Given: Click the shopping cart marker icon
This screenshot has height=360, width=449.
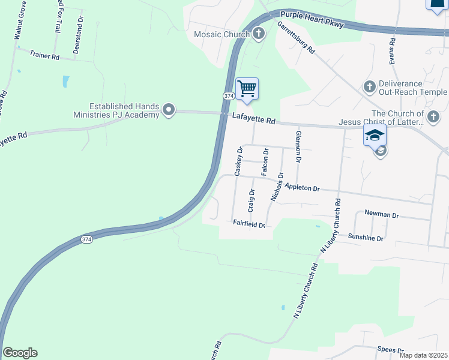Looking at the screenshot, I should pos(247,89).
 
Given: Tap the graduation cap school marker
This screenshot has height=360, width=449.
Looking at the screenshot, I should pos(374,135).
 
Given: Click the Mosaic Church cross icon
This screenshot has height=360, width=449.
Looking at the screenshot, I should pos(259,34).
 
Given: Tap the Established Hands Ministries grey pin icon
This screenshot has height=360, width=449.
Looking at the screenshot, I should pos(169,110).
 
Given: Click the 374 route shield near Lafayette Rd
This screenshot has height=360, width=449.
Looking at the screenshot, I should pos(228,96).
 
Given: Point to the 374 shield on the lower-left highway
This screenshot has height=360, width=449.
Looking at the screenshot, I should pos(87,239).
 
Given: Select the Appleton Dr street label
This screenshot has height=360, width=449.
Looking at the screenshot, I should pos(303,187).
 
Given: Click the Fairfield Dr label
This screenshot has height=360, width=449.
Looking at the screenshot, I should pos(249,224).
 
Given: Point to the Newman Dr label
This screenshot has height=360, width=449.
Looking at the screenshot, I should pos(382,214).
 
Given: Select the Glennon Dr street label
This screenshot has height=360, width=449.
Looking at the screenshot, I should pos(298,146).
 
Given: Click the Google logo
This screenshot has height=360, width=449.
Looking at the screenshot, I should pos(20,353).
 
